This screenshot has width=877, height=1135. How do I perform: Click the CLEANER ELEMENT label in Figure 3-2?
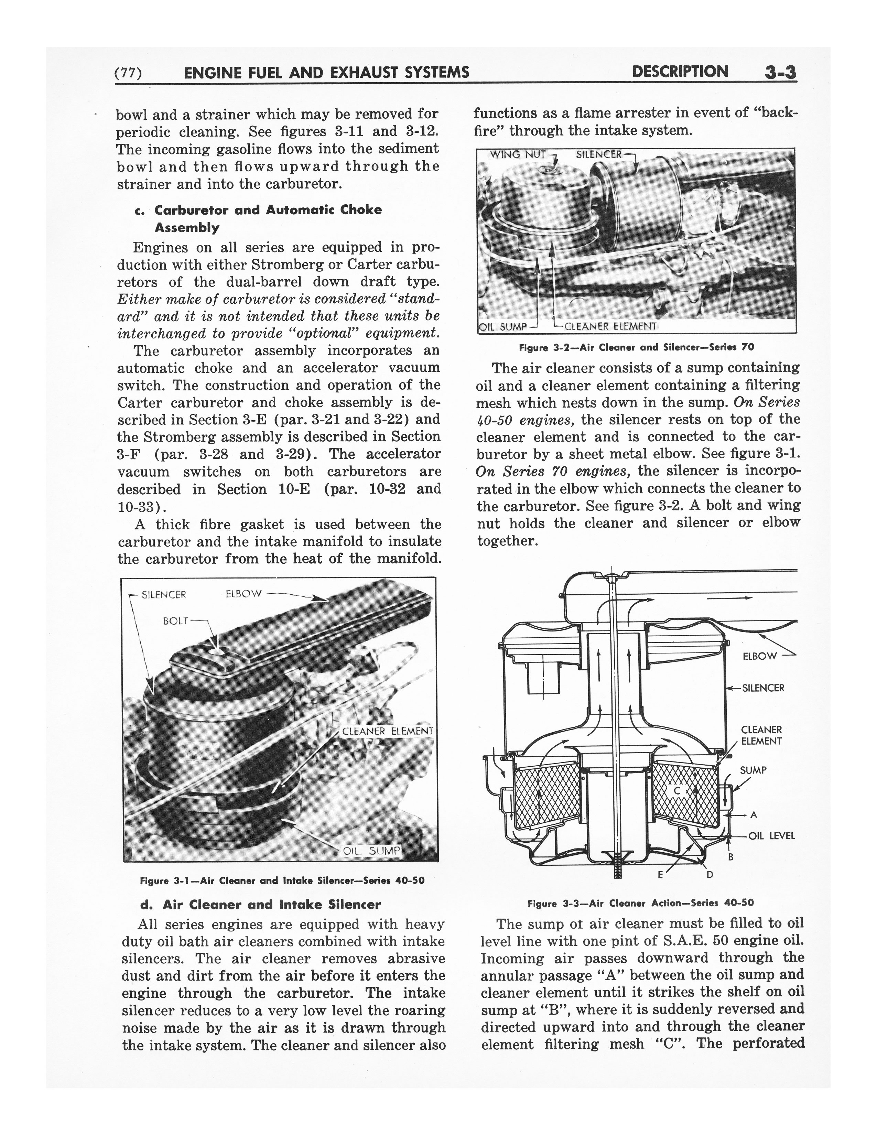(x=610, y=326)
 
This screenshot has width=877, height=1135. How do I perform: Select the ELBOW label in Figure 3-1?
(x=244, y=594)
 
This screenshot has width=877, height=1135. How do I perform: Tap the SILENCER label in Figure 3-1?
(x=164, y=595)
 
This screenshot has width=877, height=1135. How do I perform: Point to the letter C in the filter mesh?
(x=677, y=790)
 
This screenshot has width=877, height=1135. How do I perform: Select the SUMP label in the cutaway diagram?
(x=753, y=770)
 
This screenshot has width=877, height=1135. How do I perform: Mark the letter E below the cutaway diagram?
(x=660, y=875)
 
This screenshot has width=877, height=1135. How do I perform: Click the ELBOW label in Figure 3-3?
(x=760, y=656)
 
